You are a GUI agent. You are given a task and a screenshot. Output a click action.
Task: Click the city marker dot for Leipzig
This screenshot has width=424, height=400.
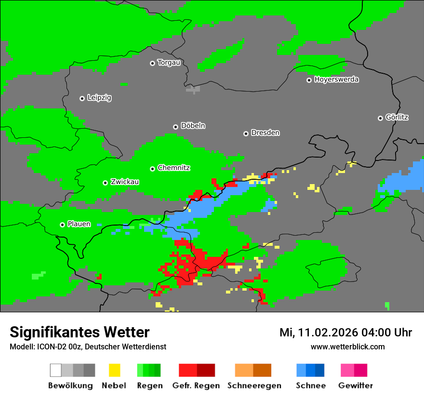pos(82,98)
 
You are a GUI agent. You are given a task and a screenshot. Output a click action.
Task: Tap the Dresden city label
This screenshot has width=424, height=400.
pos(265,133)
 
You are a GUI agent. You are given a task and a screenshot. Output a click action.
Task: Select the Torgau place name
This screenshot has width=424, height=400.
pos(169,63)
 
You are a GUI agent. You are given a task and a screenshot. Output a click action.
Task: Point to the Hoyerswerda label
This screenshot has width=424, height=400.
pos(336,80)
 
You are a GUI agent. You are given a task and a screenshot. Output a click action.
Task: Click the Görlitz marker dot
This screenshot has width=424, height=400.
pos(380,118)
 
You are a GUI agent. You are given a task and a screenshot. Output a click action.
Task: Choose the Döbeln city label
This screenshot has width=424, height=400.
pos(193,126)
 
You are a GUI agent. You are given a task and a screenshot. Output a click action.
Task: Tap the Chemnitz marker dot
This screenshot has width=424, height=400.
pos(153,169)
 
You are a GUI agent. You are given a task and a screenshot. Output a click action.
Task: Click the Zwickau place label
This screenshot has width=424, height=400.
pos(125,182)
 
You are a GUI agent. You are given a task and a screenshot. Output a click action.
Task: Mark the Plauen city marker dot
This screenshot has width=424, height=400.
pos(62,225)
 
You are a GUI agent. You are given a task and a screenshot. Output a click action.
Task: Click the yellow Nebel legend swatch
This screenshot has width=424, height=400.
pos(114,370)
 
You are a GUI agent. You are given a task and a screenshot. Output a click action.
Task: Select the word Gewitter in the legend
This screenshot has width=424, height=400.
pos(356,386)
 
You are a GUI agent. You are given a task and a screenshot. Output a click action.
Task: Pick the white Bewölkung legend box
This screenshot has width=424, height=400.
pos(56,370)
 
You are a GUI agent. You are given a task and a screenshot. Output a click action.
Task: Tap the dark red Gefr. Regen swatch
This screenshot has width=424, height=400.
pos(206,370)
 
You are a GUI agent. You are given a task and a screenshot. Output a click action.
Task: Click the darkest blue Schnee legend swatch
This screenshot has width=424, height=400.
pos(320,370)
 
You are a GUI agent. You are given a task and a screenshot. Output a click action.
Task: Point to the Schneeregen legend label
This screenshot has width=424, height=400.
pos(254,386)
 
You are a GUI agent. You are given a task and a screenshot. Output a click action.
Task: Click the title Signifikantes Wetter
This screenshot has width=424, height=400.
pos(79,332)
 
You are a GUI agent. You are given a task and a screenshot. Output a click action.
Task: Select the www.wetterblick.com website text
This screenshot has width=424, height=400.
pos(347,347)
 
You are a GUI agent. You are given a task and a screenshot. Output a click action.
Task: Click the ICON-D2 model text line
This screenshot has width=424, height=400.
pos(88,347)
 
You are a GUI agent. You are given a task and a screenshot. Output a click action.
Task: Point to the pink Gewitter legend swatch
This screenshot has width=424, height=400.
pos(347,370)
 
